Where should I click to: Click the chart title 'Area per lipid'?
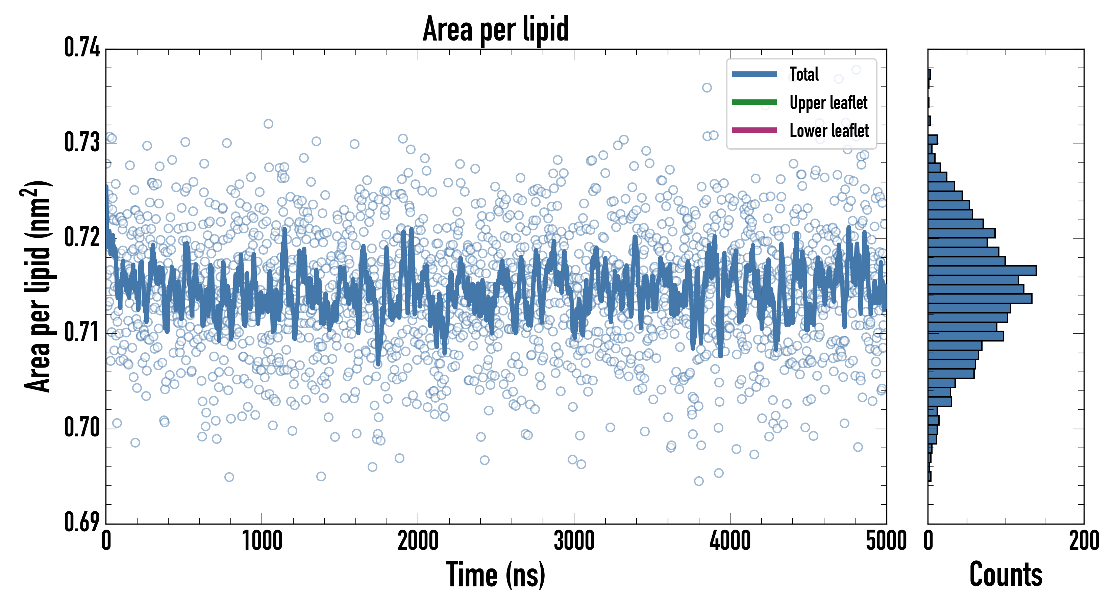coord(496,29)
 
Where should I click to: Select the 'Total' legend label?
coord(804,74)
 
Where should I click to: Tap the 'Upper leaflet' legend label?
coord(828,103)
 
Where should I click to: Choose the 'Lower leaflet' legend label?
coord(829,130)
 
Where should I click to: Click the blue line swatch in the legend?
coord(754,74)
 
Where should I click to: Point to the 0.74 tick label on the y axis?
coord(82,48)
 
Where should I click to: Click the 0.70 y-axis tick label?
coord(82,428)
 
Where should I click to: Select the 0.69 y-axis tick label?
coord(82,522)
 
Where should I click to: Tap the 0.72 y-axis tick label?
coord(82,237)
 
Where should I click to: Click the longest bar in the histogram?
coord(982,271)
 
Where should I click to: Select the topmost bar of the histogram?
coord(929,74)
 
